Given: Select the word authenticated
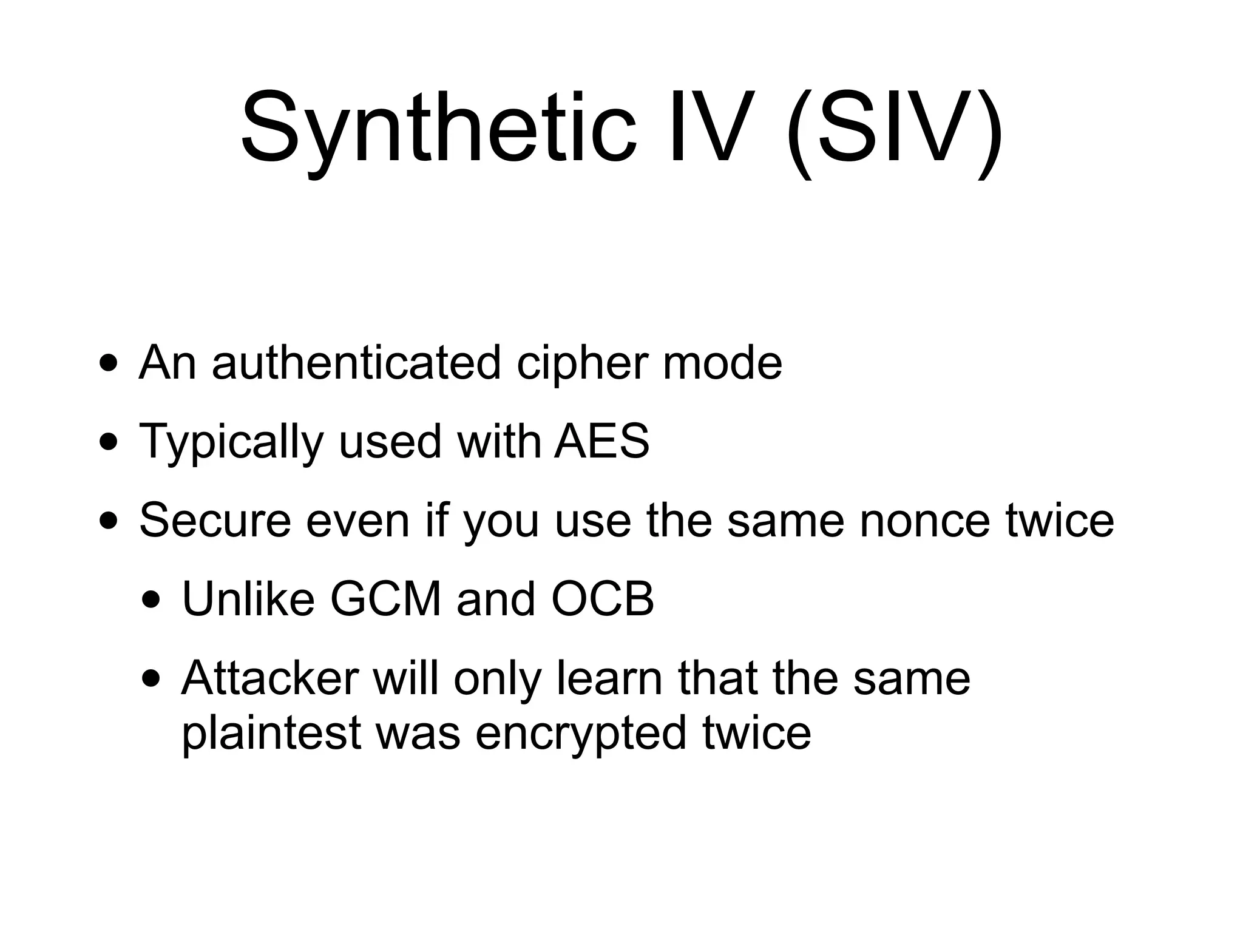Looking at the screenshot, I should pyautogui.click(x=356, y=363).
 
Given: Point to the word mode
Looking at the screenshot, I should pyautogui.click(x=722, y=363).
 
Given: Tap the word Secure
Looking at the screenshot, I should pyautogui.click(x=215, y=520).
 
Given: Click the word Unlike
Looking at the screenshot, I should pyautogui.click(x=248, y=599).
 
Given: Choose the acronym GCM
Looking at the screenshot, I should pyautogui.click(x=385, y=599).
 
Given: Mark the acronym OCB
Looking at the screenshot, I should pyautogui.click(x=602, y=599).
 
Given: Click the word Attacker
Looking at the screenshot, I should pyautogui.click(x=269, y=678).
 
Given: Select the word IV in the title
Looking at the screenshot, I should pyautogui.click(x=711, y=129).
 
